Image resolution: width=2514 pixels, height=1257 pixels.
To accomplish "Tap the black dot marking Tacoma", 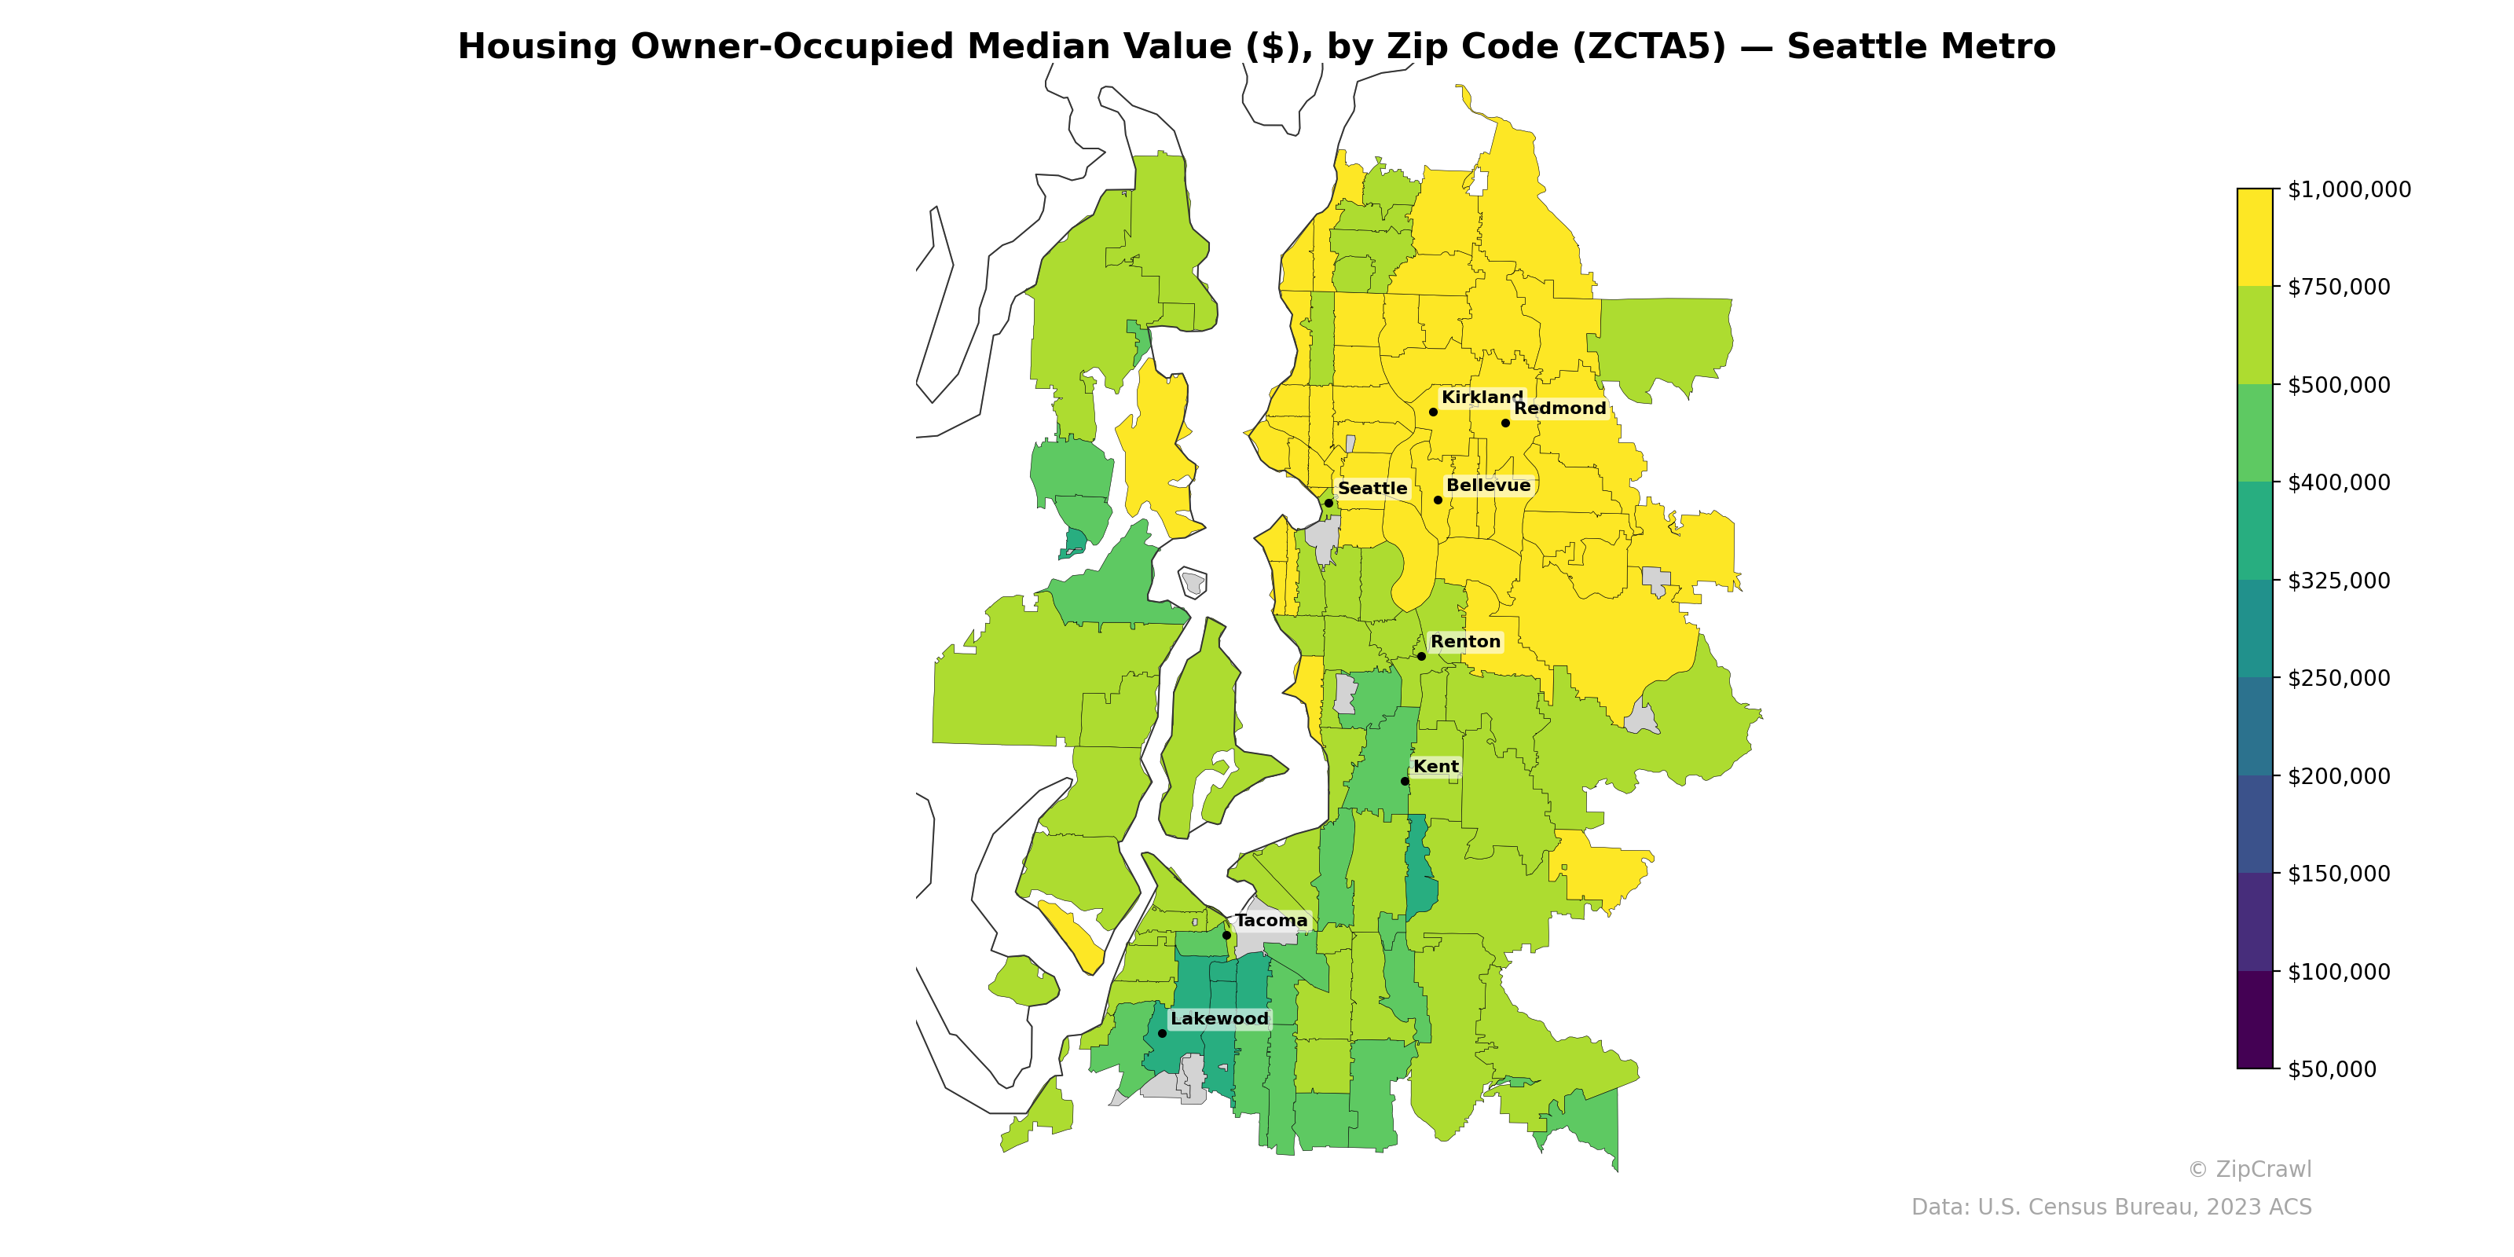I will point(1226,935).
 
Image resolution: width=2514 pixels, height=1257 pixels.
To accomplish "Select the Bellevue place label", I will point(1487,485).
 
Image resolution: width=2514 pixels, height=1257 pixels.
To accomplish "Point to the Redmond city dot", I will point(1505,423).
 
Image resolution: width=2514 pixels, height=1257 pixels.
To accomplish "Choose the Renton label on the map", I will point(1465,641).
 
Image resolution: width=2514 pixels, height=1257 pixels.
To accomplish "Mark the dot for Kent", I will point(1405,781).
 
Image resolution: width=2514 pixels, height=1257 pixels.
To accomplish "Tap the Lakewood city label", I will point(1219,1019).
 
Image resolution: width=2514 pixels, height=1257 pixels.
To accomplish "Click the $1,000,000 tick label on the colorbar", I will point(2348,189).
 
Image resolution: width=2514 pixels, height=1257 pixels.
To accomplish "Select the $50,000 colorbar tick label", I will point(2332,1068).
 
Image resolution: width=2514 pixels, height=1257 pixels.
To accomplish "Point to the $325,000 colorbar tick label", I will point(2338,581).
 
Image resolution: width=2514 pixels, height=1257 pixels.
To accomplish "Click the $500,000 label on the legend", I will point(2338,384).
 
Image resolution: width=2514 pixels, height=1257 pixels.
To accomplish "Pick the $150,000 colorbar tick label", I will point(2338,874).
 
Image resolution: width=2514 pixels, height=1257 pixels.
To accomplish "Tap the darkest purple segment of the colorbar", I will point(2255,1020).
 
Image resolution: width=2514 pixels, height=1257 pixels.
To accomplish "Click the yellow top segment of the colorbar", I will point(2255,237).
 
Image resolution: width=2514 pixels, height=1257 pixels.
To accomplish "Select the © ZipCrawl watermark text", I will point(2248,1169).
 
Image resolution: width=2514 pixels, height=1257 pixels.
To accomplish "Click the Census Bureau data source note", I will point(2110,1208).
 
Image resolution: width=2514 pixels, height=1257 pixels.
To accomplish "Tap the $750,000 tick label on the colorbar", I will point(2338,287).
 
